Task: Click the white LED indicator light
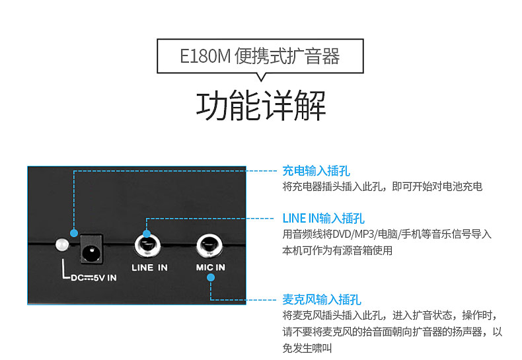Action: tap(62, 244)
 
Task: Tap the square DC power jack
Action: tap(91, 250)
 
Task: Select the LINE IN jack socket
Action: tap(147, 246)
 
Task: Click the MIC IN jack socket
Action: tap(209, 246)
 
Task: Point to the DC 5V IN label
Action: tap(94, 278)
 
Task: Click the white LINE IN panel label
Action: tap(149, 268)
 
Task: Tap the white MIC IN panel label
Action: tap(210, 267)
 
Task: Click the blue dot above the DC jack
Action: tap(74, 233)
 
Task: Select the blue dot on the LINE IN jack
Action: tap(147, 234)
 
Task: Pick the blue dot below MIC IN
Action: tap(210, 277)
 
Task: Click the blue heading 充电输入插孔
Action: tap(316, 170)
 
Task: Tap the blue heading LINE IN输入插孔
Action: tap(323, 219)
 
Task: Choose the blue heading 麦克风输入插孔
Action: tap(322, 300)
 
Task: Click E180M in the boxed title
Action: tap(205, 56)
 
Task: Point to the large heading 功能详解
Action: tap(260, 106)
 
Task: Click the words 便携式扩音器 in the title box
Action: tap(287, 56)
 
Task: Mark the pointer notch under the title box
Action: tap(262, 77)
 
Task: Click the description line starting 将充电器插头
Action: tap(382, 186)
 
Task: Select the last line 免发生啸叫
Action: tap(307, 348)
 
